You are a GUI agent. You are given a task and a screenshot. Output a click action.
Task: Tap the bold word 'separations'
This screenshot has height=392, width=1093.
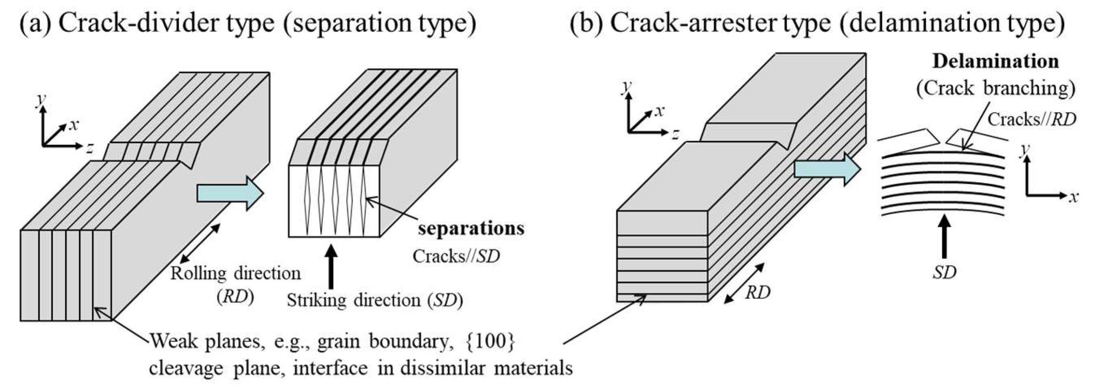tap(471, 229)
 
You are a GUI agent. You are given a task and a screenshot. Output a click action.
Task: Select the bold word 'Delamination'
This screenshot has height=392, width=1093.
tap(995, 62)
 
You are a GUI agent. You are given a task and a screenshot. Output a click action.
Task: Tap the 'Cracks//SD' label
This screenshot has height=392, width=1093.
tap(456, 256)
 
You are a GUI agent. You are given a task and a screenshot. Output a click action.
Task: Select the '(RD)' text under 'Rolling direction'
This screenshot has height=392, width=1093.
tap(236, 298)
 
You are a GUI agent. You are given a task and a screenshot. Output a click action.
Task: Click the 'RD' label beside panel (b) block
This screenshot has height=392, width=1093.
tap(758, 293)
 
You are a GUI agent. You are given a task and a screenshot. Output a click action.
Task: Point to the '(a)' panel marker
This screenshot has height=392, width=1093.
tap(35, 23)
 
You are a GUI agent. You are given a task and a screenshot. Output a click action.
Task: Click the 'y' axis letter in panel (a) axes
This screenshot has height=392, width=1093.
tap(41, 100)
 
